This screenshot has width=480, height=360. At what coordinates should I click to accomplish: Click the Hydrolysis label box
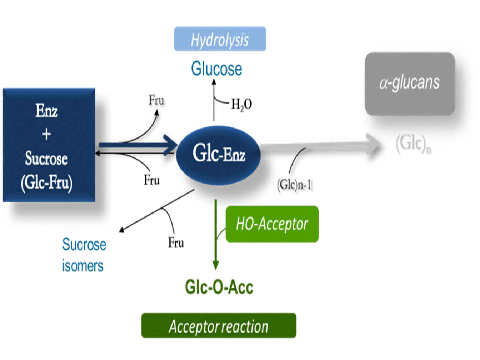[220, 39]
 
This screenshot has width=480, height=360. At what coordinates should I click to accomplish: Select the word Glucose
[216, 69]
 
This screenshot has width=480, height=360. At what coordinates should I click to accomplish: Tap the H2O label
[241, 104]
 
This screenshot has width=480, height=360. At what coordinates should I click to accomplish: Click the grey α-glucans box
[410, 84]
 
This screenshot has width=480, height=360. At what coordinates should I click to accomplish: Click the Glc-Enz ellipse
[218, 155]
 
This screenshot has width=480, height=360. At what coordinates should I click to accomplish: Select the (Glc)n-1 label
[294, 185]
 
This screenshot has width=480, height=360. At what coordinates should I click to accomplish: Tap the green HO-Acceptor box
[272, 224]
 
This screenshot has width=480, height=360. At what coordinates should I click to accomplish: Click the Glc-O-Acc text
[219, 287]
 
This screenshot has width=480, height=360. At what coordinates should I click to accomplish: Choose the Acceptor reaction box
[219, 326]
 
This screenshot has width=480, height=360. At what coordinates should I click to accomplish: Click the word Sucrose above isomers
[84, 245]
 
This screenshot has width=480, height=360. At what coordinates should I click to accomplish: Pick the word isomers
[82, 266]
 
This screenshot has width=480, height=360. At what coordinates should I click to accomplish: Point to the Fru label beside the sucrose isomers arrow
[176, 243]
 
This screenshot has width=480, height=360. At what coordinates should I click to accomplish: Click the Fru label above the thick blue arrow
[156, 100]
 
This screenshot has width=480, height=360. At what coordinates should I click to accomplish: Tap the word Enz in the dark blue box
[46, 111]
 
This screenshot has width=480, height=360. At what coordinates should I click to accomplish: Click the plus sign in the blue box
[46, 134]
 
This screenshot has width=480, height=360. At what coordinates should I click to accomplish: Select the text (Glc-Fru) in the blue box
[46, 183]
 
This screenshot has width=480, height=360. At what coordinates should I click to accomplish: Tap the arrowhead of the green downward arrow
[215, 265]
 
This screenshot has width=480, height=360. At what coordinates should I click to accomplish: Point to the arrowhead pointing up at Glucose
[214, 82]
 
